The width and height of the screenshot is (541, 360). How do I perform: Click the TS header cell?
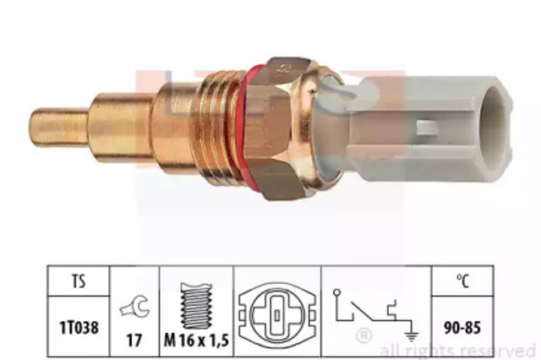tap(79, 281)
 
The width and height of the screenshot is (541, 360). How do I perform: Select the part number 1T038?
tap(79, 327)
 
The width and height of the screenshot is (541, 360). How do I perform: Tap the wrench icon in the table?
tap(134, 307)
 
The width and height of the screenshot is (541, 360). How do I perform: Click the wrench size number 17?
tap(134, 341)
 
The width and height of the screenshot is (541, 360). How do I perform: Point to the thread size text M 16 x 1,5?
tap(196, 341)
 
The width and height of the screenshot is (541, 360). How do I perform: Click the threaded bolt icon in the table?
tap(197, 306)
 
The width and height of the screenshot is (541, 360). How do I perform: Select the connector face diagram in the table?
tap(277, 315)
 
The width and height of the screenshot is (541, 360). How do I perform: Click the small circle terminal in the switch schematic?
tap(337, 292)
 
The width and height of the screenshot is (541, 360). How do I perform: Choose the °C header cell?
tap(462, 281)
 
